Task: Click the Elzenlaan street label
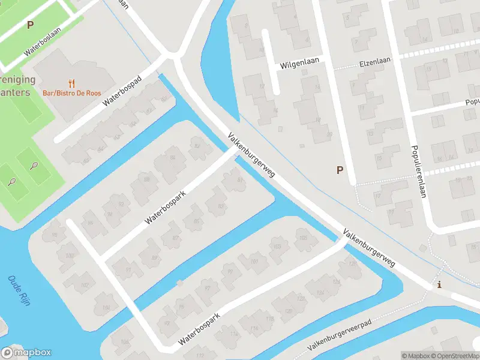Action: tap(374, 61)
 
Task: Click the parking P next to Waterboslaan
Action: tap(30, 25)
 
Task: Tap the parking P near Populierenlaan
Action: tap(340, 170)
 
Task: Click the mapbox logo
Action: tap(26, 353)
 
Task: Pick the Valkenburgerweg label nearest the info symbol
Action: tap(368, 247)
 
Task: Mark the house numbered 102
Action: tap(85, 285)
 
